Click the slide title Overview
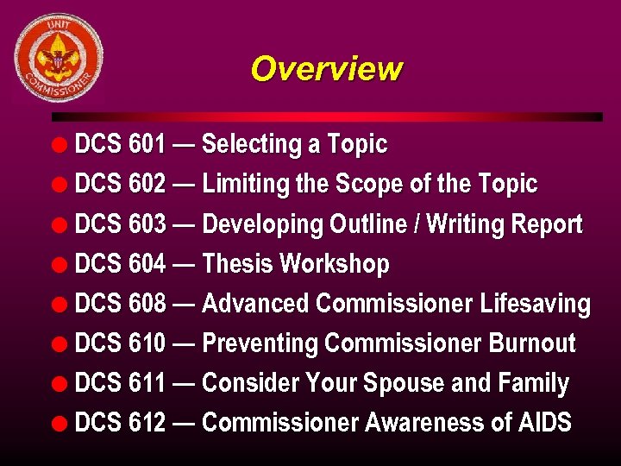point(326,68)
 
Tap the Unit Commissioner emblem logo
point(59,58)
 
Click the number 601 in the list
point(147,144)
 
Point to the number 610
point(147,343)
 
